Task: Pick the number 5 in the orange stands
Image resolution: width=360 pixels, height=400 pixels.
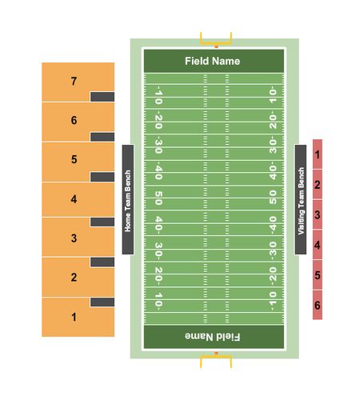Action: (74, 159)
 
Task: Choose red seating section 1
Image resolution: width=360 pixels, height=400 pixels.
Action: (318, 154)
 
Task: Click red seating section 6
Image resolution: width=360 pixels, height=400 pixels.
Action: (318, 305)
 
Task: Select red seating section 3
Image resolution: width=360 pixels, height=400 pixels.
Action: (318, 214)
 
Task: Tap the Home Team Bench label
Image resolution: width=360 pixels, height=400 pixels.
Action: (128, 201)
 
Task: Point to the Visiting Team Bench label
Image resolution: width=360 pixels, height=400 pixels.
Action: (301, 201)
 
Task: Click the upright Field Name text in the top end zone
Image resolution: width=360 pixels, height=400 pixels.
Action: (213, 61)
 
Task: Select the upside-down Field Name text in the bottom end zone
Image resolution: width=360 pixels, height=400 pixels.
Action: (213, 337)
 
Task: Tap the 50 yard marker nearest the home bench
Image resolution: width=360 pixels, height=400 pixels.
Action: (158, 198)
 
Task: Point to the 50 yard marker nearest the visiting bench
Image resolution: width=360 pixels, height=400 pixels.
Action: (273, 198)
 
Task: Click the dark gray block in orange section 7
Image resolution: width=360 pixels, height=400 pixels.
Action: (102, 97)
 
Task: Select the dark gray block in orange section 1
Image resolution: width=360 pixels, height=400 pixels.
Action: (102, 302)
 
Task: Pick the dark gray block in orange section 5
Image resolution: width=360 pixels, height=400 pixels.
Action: (102, 177)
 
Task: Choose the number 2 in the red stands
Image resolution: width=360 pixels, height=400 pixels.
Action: (318, 185)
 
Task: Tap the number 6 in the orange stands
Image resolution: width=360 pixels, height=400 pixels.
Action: (74, 120)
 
